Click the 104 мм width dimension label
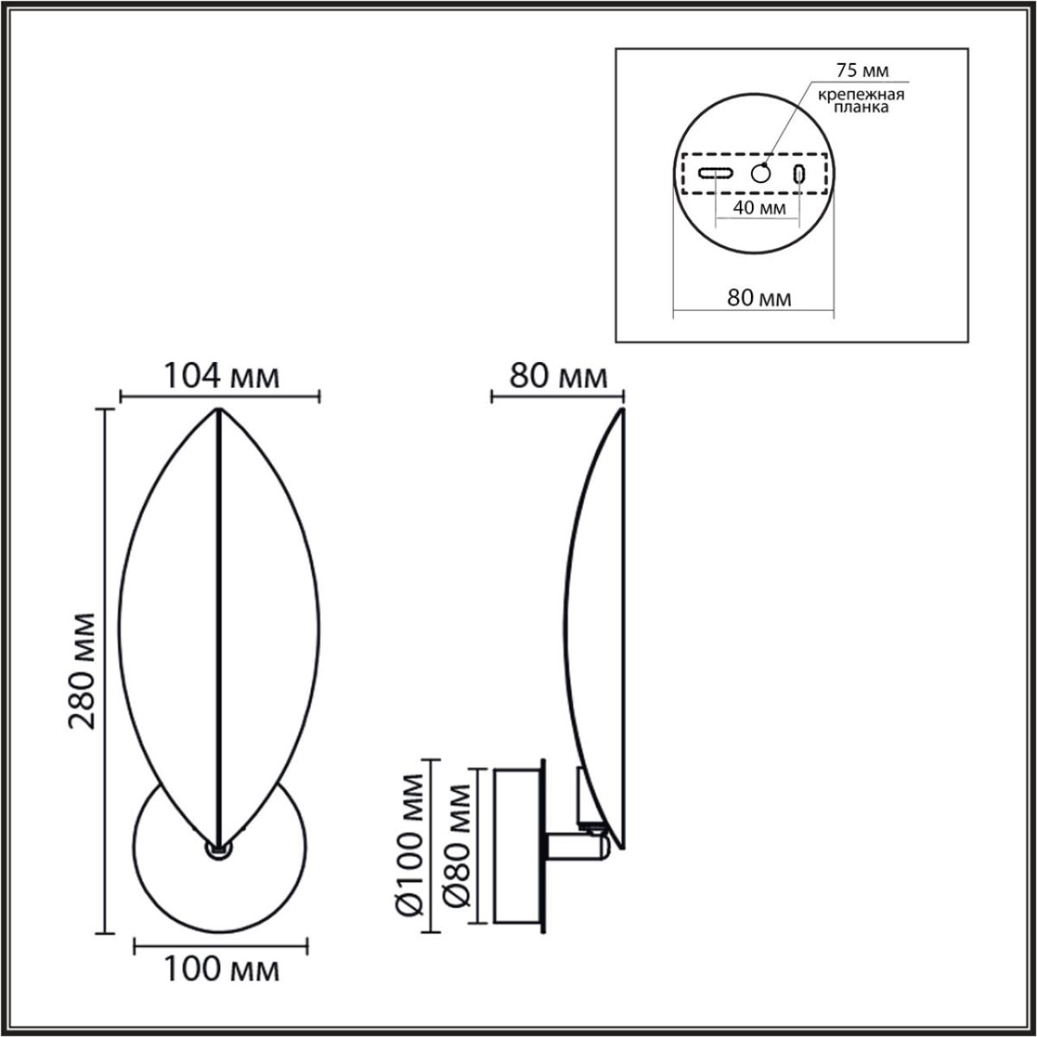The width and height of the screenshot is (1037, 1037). click(221, 377)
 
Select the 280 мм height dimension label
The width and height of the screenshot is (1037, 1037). click(83, 671)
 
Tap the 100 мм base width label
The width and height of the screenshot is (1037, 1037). click(222, 970)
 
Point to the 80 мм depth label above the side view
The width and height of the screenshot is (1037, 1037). click(559, 377)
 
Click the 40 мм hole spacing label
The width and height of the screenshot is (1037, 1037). click(759, 208)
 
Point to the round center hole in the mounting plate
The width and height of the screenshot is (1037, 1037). click(760, 173)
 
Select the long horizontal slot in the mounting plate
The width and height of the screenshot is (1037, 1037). click(716, 173)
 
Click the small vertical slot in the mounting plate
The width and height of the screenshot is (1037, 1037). click(799, 173)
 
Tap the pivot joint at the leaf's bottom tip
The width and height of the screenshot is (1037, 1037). click(216, 849)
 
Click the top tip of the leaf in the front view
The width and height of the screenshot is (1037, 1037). click(219, 410)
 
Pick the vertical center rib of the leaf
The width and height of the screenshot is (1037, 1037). click(219, 622)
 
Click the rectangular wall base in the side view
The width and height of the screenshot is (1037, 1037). click(516, 846)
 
